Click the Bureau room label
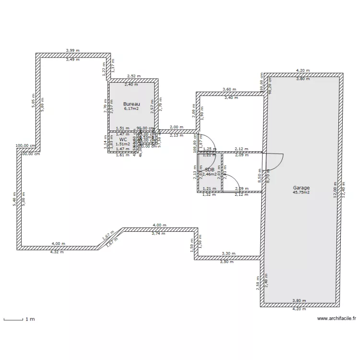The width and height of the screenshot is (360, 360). tap(131, 104)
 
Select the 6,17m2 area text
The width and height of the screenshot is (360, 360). tap(131, 109)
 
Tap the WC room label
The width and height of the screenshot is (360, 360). tap(123, 139)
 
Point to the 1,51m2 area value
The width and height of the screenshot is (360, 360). tap(123, 144)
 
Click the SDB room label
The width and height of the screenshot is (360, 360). tap(210, 169)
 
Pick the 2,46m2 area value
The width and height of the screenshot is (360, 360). tap(210, 175)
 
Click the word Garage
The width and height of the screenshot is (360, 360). tap(301, 188)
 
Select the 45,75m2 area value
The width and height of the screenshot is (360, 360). tap(301, 192)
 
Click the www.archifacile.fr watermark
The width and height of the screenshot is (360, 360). tap(336, 318)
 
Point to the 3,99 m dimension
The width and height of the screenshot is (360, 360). tap(73, 50)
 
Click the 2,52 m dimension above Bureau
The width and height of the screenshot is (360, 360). tap(133, 76)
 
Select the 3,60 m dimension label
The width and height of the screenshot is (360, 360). tap(229, 89)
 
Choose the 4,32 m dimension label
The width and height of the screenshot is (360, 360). tap(57, 252)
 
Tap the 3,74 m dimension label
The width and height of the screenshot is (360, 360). tap(158, 233)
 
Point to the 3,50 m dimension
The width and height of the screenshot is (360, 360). tap(226, 262)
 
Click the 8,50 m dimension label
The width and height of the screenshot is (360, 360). tap(260, 174)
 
